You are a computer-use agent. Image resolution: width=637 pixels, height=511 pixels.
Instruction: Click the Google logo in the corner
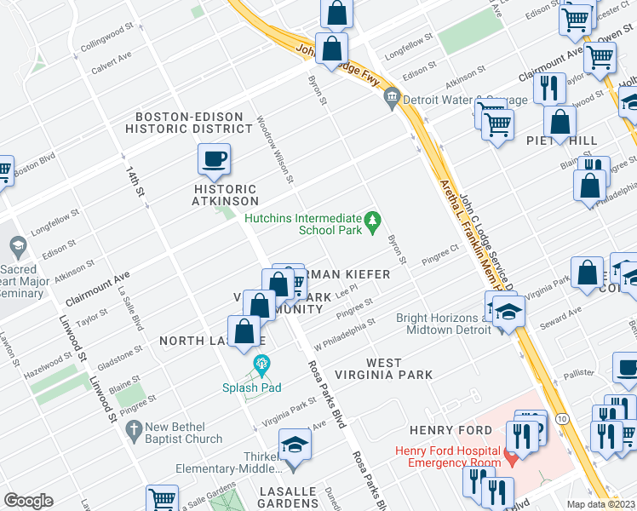tap(28, 501)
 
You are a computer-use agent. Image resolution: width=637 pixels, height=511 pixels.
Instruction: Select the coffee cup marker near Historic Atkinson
tap(213, 158)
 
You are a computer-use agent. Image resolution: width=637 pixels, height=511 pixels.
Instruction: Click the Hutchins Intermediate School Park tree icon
tap(371, 223)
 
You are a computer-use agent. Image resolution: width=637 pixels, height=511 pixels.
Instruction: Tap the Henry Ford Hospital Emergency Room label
tap(450, 456)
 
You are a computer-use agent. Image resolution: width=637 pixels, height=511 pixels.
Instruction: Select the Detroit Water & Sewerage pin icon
tap(392, 99)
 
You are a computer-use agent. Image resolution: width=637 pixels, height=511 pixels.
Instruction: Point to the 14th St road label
tap(132, 182)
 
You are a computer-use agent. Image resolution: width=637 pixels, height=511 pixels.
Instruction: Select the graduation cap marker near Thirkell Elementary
tap(295, 446)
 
